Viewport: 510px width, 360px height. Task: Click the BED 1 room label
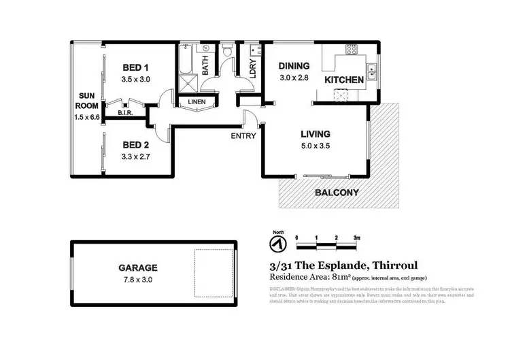point(135,67)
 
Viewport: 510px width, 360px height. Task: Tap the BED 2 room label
point(135,145)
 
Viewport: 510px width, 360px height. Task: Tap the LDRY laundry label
point(252,69)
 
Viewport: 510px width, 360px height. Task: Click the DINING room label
point(294,66)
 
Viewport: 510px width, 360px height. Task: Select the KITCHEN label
point(343,80)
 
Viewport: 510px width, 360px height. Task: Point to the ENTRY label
point(243,135)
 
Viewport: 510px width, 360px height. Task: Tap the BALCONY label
point(337,193)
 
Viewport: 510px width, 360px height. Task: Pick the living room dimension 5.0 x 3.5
point(313,146)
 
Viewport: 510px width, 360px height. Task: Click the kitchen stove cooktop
point(352,49)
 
